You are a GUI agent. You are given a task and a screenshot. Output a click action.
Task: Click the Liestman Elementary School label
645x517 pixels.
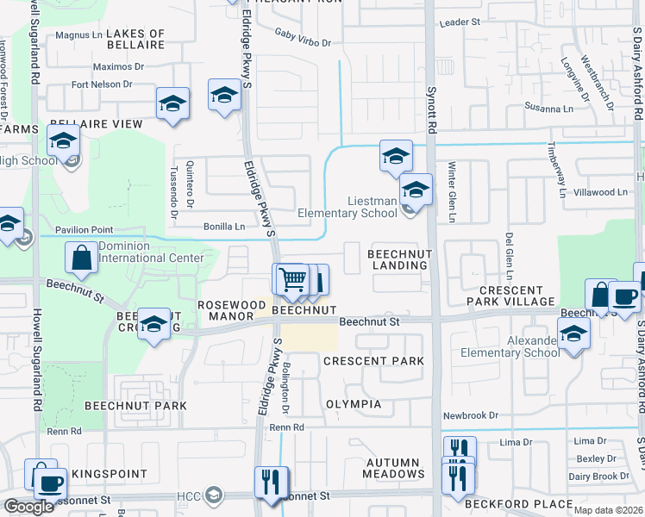(x=348, y=207)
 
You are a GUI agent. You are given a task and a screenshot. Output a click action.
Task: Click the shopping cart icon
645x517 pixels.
(x=292, y=279)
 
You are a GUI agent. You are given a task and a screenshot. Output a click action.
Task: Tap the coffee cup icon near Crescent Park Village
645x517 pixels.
(x=623, y=296)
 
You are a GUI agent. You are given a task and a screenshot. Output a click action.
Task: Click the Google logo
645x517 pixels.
(x=29, y=507)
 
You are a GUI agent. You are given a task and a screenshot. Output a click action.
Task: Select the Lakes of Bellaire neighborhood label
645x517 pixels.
(x=135, y=40)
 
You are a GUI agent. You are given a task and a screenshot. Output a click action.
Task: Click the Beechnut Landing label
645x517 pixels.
(x=398, y=259)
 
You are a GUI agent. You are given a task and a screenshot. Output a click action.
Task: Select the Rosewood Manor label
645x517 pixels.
(x=232, y=305)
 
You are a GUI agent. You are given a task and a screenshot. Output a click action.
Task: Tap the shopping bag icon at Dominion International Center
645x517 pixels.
(x=81, y=258)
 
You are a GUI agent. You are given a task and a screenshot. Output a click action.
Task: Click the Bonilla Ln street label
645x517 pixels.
(x=224, y=227)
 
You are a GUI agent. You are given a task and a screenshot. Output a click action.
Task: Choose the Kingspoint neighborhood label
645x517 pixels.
(x=104, y=474)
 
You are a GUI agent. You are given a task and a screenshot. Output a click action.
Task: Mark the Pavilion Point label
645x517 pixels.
(x=84, y=230)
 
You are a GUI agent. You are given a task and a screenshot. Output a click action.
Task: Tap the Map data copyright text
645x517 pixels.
(x=608, y=510)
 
